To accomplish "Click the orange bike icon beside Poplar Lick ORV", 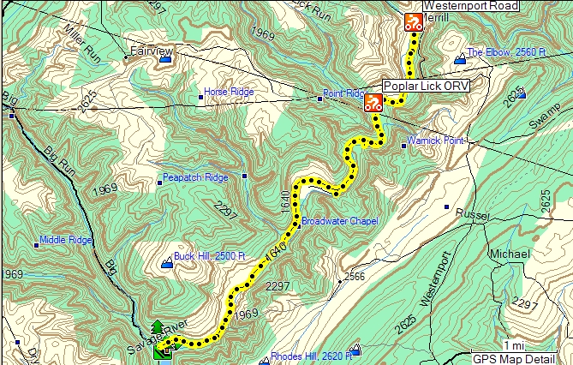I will (x=373, y=104).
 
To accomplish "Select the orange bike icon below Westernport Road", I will (x=414, y=22).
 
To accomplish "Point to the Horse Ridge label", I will (x=227, y=92).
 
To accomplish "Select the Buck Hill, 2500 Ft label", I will (x=210, y=255).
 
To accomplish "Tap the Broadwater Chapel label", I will (x=339, y=221).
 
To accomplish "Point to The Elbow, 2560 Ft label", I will (x=506, y=52).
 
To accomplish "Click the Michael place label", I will (x=510, y=254).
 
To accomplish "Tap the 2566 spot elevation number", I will (x=355, y=276).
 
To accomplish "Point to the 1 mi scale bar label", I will (x=514, y=345).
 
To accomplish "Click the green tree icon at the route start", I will (x=158, y=329).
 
